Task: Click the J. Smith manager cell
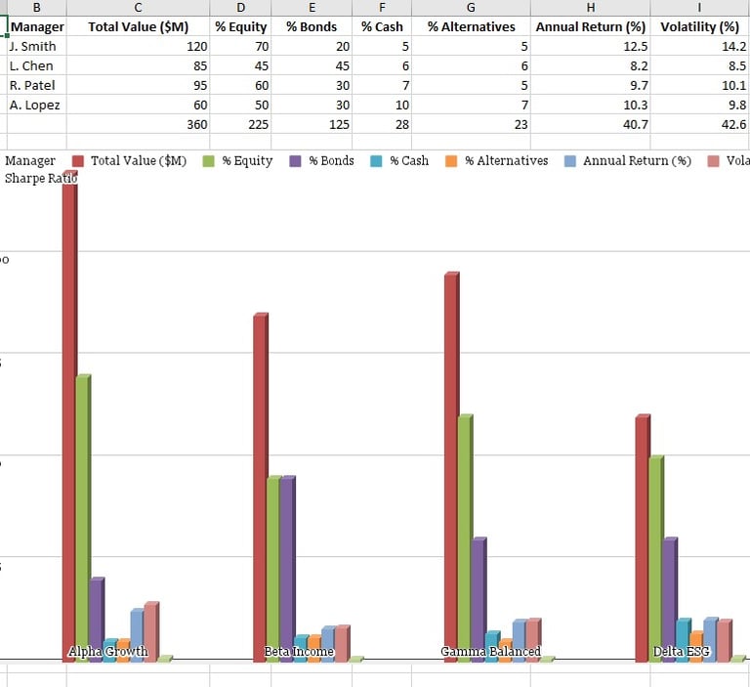pyautogui.click(x=33, y=46)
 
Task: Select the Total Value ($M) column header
pyautogui.click(x=138, y=26)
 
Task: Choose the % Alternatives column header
pyautogui.click(x=471, y=26)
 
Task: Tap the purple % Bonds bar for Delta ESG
pyautogui.click(x=669, y=596)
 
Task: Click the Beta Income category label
pyautogui.click(x=299, y=652)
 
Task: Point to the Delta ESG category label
pyautogui.click(x=682, y=652)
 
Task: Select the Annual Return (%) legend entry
pyautogui.click(x=626, y=160)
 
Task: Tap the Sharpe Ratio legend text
pyautogui.click(x=41, y=178)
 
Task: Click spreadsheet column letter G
pyautogui.click(x=471, y=7)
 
